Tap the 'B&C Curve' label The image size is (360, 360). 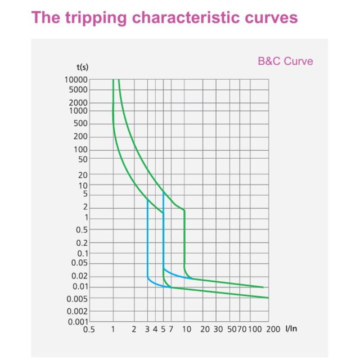tap(285, 61)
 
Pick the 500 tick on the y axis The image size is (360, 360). tap(81, 124)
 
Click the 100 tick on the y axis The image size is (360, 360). tap(81, 150)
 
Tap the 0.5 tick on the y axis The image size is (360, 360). tap(82, 229)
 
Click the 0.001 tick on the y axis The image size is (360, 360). tap(78, 322)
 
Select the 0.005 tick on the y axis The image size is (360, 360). tap(78, 298)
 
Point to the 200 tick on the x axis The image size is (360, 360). tap(274, 329)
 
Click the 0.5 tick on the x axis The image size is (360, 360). tap(89, 329)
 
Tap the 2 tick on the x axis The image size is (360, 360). tap(134, 329)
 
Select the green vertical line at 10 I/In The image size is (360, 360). tap(184, 236)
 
